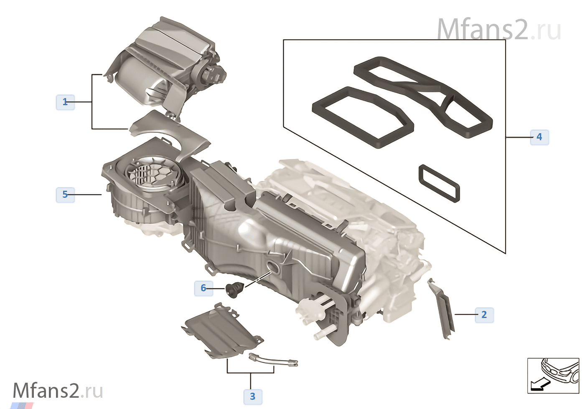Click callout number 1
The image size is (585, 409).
point(65,102)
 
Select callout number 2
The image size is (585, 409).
point(484,315)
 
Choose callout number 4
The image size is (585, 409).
point(539,137)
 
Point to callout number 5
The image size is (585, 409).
point(65,194)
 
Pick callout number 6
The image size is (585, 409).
point(203,288)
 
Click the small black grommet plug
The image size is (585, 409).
point(234,290)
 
